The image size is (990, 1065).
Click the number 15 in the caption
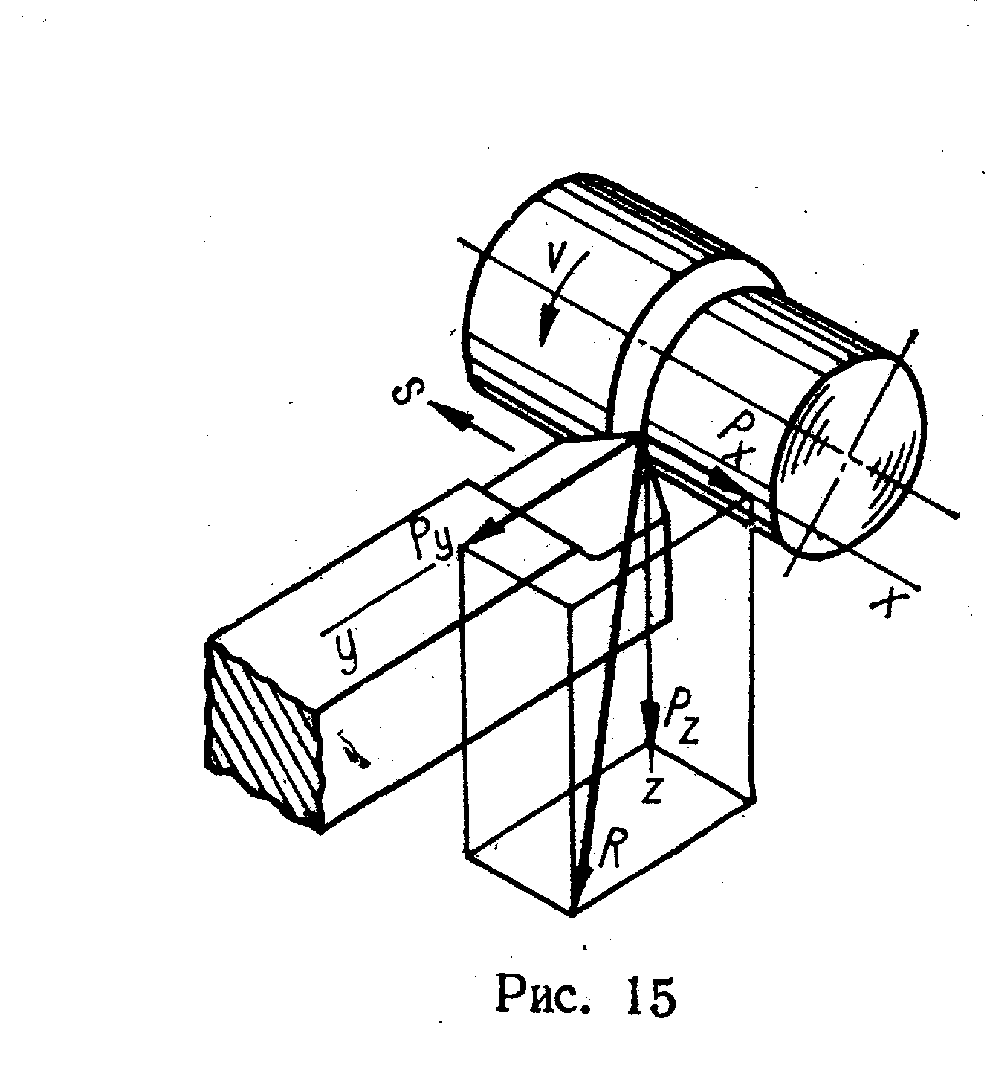(647, 997)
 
